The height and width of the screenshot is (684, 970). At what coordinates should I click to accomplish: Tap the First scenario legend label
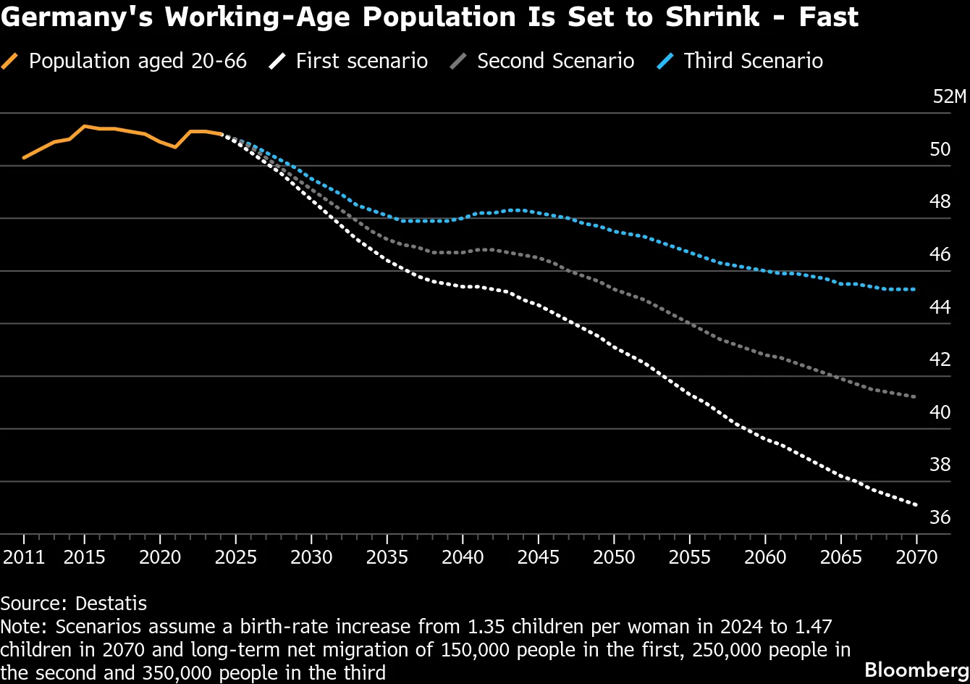362,61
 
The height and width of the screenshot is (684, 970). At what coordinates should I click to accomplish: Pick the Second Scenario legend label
556,61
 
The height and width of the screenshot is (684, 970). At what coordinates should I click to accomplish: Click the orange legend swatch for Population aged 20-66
9,61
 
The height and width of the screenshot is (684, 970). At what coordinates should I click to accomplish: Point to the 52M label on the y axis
949,96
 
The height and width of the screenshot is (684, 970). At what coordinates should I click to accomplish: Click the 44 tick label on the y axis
940,307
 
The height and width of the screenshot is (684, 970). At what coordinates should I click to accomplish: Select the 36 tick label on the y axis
940,517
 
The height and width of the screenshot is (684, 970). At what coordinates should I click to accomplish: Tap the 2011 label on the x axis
24,557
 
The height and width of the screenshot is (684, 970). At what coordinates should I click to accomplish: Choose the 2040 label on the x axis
463,557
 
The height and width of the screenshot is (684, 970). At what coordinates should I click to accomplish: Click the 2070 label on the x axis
916,557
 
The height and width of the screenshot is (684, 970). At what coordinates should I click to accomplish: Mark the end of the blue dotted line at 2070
914,289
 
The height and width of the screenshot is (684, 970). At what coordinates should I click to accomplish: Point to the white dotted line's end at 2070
916,505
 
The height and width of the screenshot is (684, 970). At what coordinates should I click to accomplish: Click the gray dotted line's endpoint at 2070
914,397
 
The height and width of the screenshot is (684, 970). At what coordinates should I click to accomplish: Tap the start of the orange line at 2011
24,158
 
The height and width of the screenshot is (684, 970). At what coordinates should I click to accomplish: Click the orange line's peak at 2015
85,126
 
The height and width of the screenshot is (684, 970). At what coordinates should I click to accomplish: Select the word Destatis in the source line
111,604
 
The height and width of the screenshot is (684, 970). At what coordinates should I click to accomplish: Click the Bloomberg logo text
916,670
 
